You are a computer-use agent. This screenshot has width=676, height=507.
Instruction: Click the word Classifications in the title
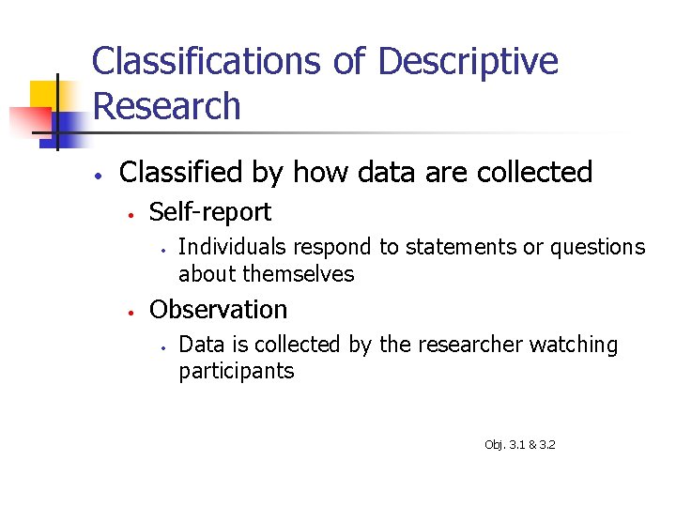tap(207, 63)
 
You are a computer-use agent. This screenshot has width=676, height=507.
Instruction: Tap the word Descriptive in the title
tap(468, 63)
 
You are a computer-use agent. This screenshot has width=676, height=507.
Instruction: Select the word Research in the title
tap(167, 106)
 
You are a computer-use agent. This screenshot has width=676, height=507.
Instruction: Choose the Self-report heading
tap(210, 212)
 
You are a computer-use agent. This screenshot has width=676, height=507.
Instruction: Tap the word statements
tap(439, 247)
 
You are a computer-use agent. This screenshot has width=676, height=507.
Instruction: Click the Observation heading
tap(219, 310)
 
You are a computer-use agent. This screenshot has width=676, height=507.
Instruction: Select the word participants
tap(236, 371)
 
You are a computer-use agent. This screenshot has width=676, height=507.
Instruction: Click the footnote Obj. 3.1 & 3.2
tap(519, 444)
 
